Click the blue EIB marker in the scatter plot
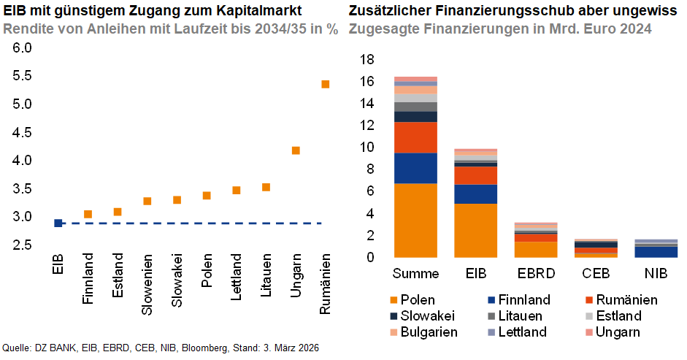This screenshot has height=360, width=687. click(58, 223)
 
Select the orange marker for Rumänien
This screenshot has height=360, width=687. click(326, 84)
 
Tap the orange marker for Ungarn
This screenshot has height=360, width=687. click(296, 150)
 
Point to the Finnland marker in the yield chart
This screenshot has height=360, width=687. click(88, 214)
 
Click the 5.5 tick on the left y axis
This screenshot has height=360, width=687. click(23, 76)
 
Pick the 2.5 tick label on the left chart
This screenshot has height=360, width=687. click(23, 245)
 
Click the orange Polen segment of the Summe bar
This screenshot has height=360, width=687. click(415, 220)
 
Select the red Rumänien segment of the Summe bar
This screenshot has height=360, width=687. click(415, 137)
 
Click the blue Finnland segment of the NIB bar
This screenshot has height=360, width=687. click(656, 252)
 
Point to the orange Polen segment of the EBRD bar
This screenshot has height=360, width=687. click(535, 249)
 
